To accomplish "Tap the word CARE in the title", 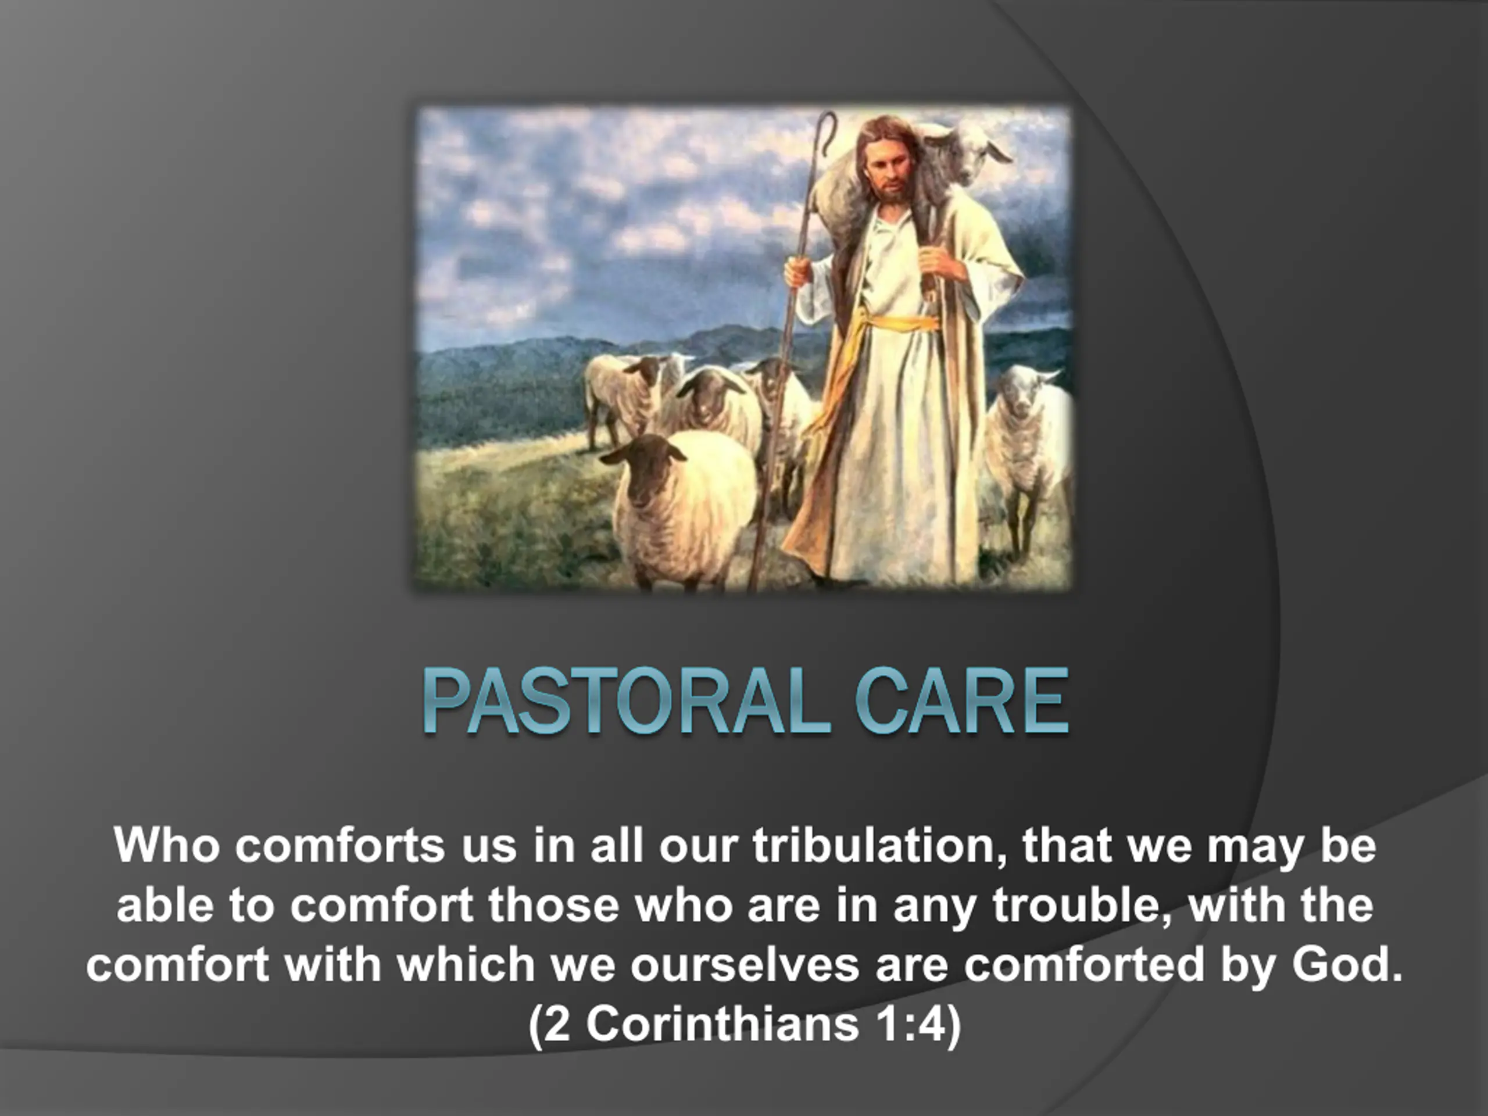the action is tap(961, 701).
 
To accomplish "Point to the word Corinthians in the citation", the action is tap(722, 1024).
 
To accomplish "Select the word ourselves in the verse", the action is tap(745, 964).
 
